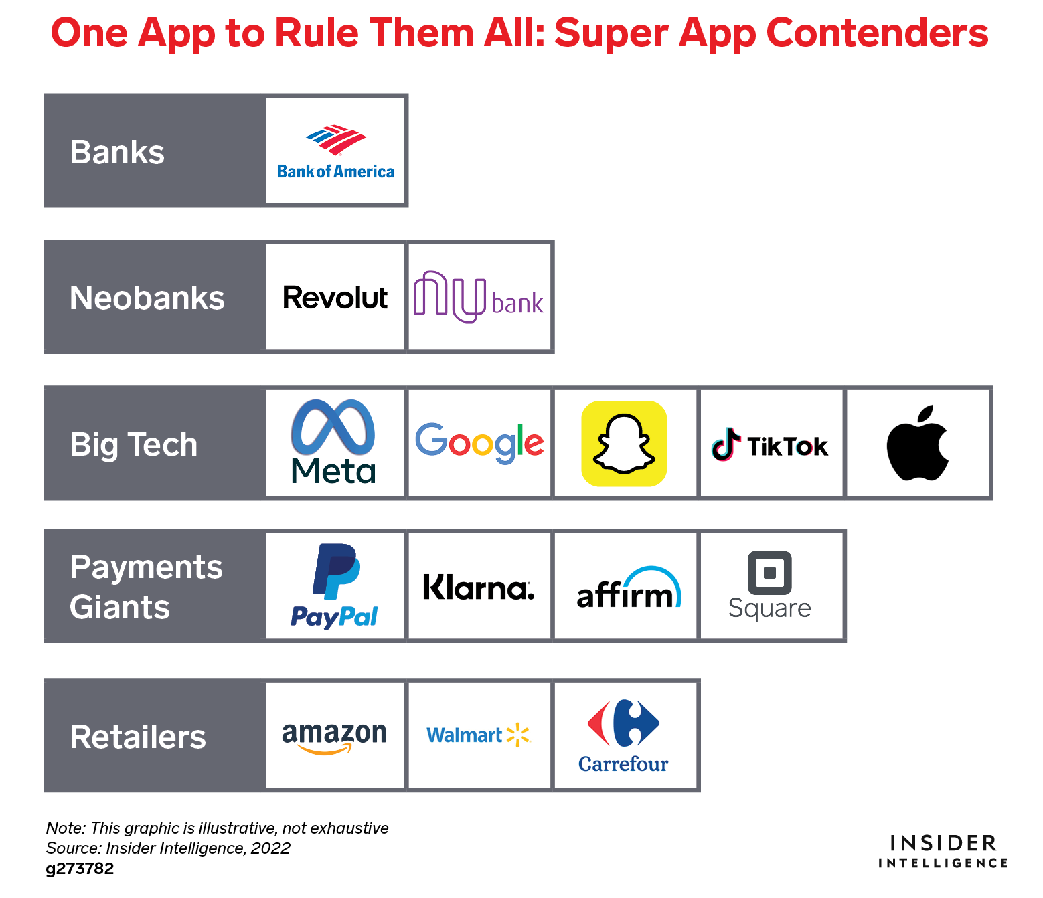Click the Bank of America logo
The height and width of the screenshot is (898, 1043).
pos(335,152)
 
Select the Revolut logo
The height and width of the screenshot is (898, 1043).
pos(335,297)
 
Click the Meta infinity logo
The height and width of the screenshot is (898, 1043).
pos(333,428)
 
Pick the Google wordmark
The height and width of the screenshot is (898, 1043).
pos(479,443)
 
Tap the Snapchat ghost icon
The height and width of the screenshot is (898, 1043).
pos(624,444)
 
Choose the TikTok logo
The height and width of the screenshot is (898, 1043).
pos(769,444)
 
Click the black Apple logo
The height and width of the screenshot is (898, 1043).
pos(917,442)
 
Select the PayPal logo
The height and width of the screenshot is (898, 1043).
pos(335,586)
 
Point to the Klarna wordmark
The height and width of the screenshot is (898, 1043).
pos(479,587)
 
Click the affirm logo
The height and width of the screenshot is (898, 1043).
pos(629,588)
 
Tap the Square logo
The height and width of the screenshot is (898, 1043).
pos(769,586)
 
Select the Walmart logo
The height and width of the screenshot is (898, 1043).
pos(479,735)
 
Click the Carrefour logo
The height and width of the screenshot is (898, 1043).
pos(623,736)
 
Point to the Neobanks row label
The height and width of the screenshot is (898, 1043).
pos(147,298)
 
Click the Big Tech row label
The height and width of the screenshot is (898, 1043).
pos(134,444)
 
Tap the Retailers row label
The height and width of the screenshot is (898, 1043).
pos(138,737)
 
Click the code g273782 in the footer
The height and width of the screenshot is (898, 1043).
pos(80,869)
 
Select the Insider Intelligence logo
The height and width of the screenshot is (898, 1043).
pos(943,851)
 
